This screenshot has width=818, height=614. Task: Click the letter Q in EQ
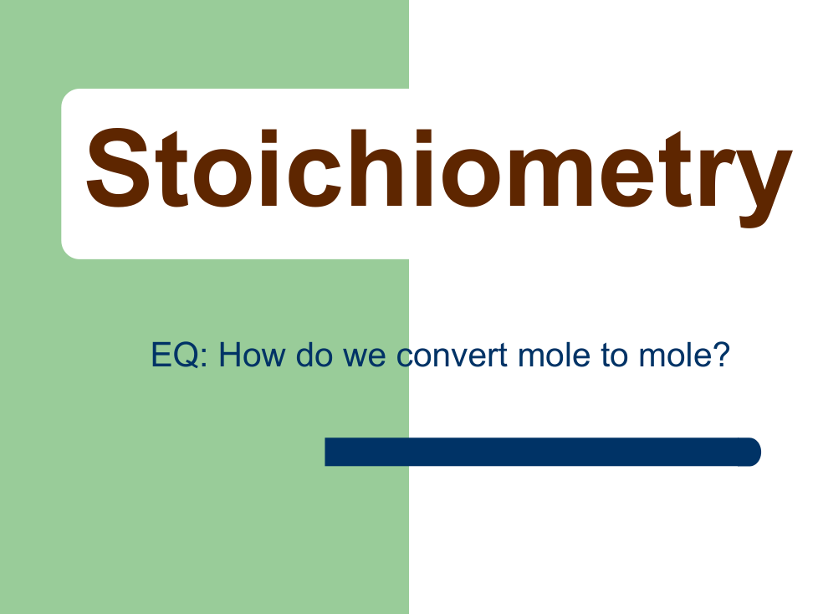[187, 356]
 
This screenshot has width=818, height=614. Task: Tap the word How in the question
[252, 355]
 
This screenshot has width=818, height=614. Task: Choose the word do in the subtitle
[314, 355]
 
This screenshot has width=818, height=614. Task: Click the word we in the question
[364, 358]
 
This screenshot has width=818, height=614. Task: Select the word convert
[452, 356]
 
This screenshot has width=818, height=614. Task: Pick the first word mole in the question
[555, 355]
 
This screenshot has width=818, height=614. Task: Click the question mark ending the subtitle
[721, 355]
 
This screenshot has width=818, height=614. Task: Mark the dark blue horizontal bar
[543, 452]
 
